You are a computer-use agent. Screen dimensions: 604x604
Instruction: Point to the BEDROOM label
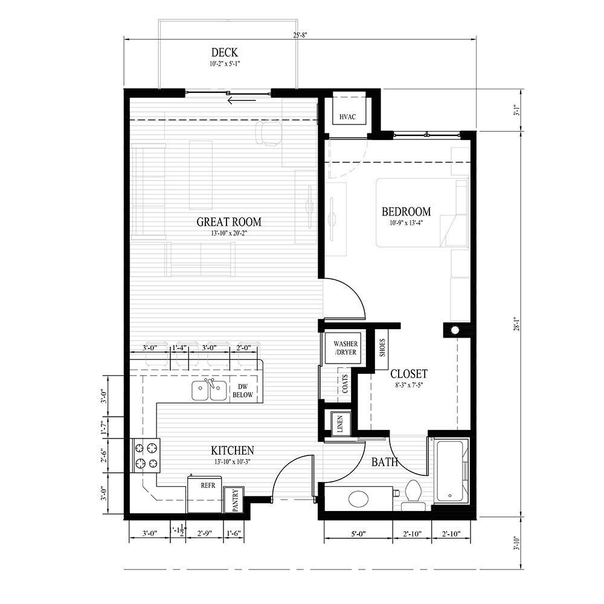tap(406, 212)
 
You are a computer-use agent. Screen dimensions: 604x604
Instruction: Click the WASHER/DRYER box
tap(342, 349)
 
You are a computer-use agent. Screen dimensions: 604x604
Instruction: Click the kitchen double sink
tap(210, 391)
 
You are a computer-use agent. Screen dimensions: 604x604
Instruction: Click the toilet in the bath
tap(413, 490)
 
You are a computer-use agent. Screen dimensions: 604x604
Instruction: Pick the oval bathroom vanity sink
tap(359, 499)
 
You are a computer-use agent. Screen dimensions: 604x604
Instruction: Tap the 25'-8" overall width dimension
tap(301, 35)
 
